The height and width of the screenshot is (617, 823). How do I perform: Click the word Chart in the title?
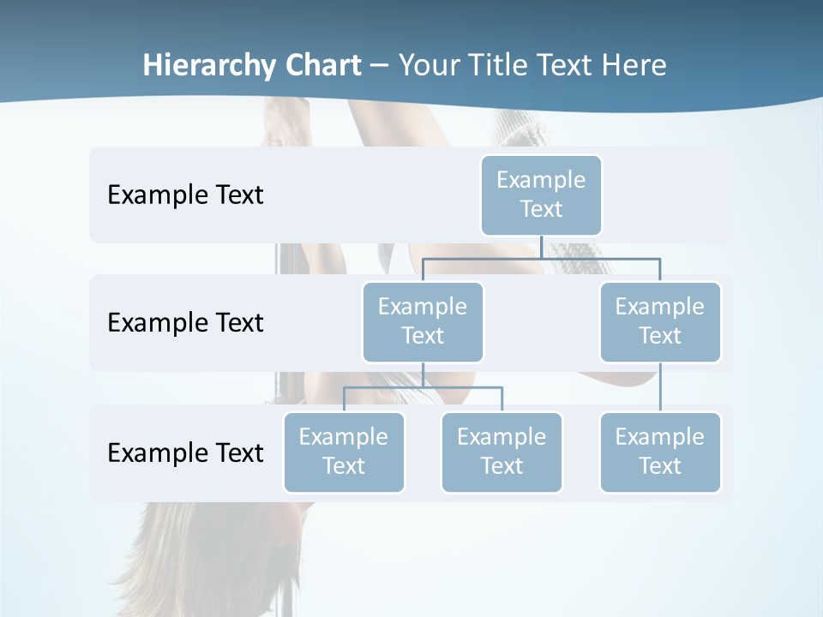coord(324,65)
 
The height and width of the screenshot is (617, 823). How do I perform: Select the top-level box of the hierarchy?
coord(541,195)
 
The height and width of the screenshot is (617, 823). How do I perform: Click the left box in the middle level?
coord(423,321)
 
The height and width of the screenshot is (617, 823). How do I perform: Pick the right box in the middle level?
coord(660,321)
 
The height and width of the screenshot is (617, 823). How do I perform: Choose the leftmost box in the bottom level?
coord(344,452)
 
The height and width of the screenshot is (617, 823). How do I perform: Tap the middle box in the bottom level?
coord(502,452)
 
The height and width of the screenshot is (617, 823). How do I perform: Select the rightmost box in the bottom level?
coord(660,452)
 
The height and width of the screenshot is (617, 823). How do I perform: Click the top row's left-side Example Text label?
coord(185,195)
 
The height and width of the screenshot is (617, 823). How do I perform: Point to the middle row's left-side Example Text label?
coord(185,322)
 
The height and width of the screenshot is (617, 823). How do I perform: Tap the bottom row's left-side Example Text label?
coord(185,452)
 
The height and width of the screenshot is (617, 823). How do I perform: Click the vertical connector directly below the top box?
coord(541,247)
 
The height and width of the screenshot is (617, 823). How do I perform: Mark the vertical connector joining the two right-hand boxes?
coord(660,387)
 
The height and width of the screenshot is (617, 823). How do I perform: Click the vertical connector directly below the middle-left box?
coord(423,374)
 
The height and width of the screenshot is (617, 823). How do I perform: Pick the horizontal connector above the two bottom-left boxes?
coord(463,387)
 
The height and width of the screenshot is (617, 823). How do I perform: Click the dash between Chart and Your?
coord(380,66)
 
